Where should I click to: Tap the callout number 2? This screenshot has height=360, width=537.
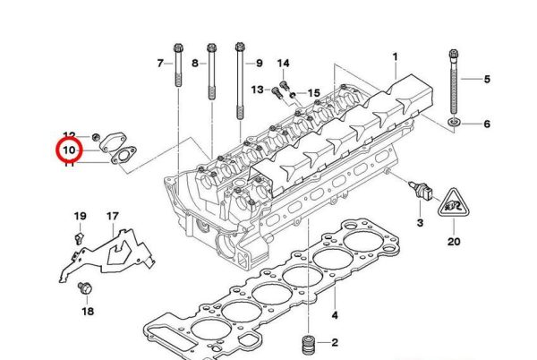(334, 343)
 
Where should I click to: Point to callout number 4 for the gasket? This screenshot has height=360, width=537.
(334, 315)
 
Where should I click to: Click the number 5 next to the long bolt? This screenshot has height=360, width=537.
(488, 80)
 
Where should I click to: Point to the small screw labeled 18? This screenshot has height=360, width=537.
(86, 288)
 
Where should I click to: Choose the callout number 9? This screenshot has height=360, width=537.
(259, 63)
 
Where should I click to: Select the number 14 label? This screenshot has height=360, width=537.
(284, 63)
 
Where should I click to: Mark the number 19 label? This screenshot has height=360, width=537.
(80, 217)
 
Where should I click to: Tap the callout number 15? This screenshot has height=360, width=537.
(313, 93)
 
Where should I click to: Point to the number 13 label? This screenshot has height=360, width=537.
(257, 90)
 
